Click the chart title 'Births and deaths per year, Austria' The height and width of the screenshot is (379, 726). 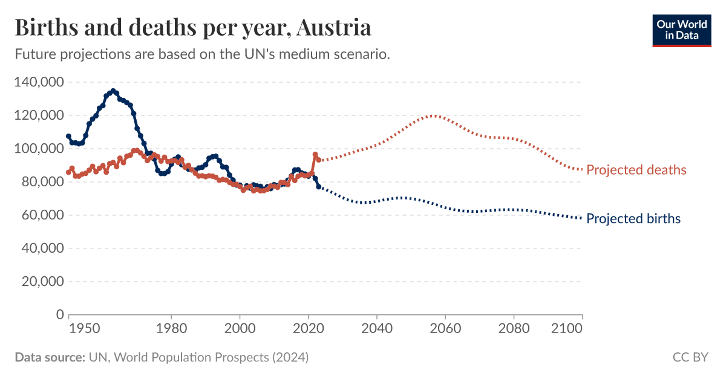pyautogui.click(x=192, y=27)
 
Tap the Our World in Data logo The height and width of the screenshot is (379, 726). pyautogui.click(x=681, y=30)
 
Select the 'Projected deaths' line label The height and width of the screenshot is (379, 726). pyautogui.click(x=636, y=170)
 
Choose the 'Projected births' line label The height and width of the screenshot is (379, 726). pyautogui.click(x=633, y=219)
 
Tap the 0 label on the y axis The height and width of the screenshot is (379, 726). pyautogui.click(x=60, y=315)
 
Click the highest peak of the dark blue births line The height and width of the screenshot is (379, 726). pyautogui.click(x=113, y=91)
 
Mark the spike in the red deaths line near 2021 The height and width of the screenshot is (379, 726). pyautogui.click(x=315, y=155)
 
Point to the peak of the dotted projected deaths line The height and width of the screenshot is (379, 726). pyautogui.click(x=433, y=115)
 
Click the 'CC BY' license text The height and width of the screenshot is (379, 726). pyautogui.click(x=690, y=357)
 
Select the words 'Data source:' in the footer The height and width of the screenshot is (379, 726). pyautogui.click(x=50, y=357)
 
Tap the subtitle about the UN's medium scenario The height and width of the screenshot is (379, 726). pyautogui.click(x=201, y=54)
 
